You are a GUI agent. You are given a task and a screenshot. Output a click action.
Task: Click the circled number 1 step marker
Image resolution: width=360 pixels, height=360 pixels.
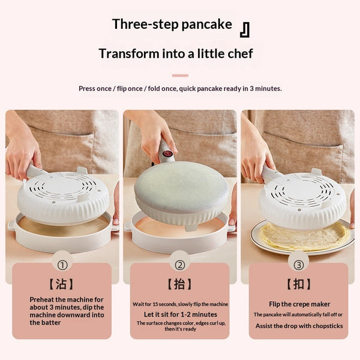pos(62,265)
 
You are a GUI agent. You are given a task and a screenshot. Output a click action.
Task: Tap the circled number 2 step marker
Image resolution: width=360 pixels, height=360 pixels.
pos(180,265)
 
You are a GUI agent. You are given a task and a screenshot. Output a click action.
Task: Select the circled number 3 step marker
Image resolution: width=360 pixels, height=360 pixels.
pos(299,265)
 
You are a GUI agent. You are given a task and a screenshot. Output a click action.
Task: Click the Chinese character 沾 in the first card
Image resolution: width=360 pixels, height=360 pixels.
pos(61,284)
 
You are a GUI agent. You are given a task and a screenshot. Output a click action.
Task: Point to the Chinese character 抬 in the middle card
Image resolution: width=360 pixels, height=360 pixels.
pos(179,284)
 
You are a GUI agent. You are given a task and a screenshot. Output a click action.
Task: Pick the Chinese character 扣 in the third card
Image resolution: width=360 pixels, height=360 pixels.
pos(299,284)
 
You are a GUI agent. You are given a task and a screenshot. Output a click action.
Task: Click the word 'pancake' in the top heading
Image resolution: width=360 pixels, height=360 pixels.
pos(206,25)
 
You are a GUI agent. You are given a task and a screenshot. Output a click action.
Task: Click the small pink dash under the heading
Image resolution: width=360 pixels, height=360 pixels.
pos(180,76)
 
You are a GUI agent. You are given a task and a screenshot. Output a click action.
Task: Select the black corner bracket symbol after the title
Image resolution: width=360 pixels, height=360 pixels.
pos(245,29)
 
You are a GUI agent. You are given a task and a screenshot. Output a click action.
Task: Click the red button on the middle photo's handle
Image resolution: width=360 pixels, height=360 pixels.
pos(166,153)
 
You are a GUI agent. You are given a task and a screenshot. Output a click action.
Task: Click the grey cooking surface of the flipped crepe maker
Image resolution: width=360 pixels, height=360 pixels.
pos(181,187)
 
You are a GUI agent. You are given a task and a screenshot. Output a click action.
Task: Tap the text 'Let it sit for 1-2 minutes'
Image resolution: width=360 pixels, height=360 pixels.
pos(181,314)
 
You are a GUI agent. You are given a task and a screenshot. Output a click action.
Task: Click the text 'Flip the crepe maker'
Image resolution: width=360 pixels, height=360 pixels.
pos(299,304)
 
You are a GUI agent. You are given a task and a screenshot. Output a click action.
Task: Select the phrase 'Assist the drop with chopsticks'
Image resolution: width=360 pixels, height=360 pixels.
pos(299,326)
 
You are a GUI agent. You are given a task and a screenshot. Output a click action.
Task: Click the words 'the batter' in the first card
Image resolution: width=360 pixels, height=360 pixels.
pos(45,323)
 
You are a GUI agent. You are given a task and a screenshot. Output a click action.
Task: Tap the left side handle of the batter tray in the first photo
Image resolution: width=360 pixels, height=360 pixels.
pos(11,226)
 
